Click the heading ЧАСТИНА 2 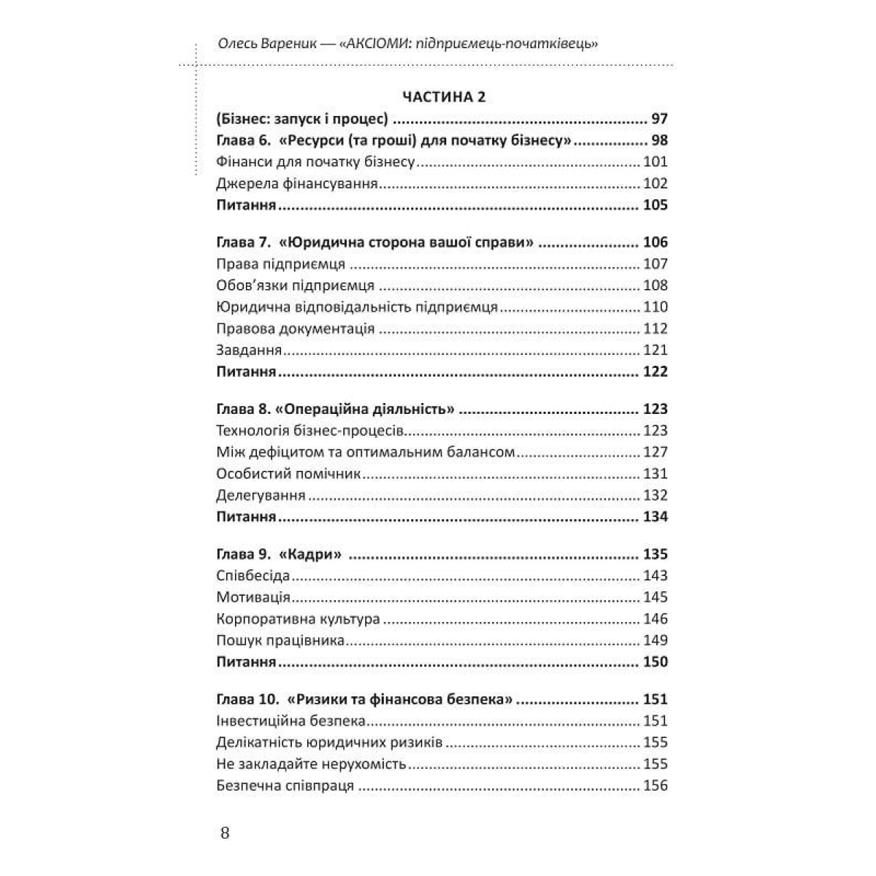click(x=443, y=97)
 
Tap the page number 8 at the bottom click(x=224, y=833)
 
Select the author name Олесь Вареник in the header click(x=265, y=45)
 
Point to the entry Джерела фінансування click(x=297, y=184)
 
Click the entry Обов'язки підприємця click(x=296, y=285)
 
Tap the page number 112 click(x=655, y=328)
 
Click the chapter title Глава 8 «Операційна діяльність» click(x=336, y=409)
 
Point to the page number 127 click(x=655, y=453)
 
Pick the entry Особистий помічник click(x=289, y=474)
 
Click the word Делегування click(x=261, y=496)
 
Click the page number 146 click(x=655, y=619)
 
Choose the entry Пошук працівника click(x=280, y=641)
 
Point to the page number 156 click(x=655, y=786)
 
